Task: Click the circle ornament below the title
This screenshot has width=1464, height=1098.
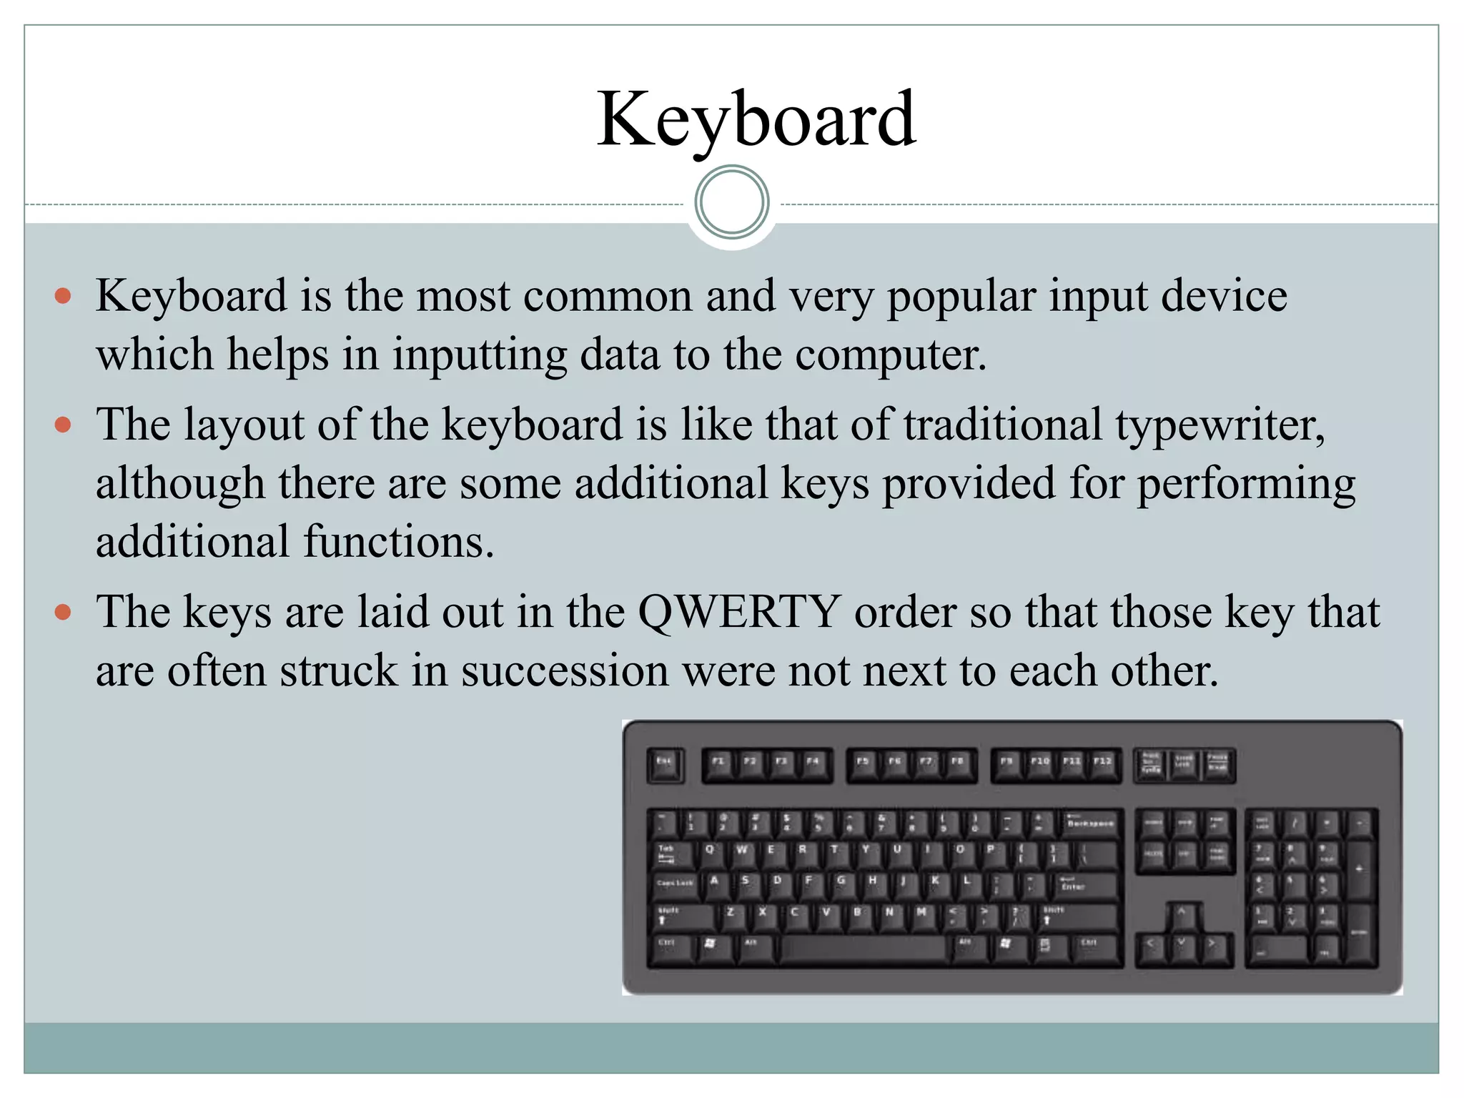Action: [731, 202]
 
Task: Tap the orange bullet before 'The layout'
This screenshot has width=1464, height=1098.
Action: [64, 425]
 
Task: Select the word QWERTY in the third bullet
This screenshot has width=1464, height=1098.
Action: [739, 613]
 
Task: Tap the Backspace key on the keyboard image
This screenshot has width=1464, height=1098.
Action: [1090, 824]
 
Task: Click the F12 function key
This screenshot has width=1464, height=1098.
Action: [1103, 764]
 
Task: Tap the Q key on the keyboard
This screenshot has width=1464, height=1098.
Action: [709, 854]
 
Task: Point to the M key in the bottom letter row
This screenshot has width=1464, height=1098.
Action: [921, 915]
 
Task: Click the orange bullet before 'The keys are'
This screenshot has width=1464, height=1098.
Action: [64, 613]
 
